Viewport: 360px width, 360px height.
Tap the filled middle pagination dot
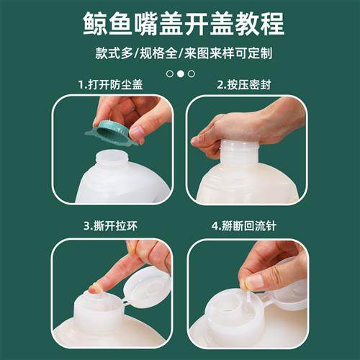(x=180, y=73)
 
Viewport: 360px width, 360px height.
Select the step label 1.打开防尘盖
(x=109, y=86)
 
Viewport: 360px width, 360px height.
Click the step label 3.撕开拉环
(x=109, y=226)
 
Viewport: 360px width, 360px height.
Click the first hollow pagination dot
(x=169, y=73)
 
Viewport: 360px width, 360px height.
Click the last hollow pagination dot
(x=191, y=73)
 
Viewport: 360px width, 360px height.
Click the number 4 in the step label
(x=216, y=226)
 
